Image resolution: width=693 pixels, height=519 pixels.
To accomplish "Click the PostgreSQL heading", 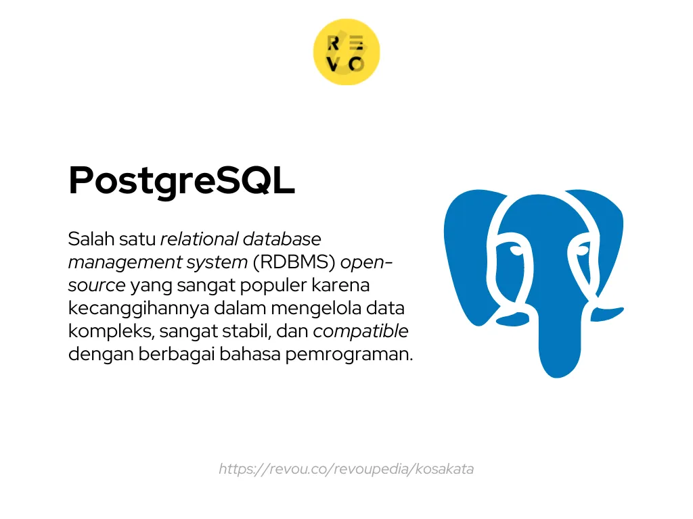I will pyautogui.click(x=181, y=181).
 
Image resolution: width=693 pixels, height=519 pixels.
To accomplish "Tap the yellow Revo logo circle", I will pyautogui.click(x=346, y=53).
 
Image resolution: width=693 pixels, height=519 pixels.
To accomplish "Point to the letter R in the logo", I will pyautogui.click(x=334, y=44).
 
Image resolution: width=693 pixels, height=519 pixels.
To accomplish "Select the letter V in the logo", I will pyautogui.click(x=334, y=64).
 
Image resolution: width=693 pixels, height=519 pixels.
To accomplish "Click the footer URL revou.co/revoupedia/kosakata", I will pyautogui.click(x=346, y=469).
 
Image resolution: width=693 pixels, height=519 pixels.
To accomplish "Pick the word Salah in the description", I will pyautogui.click(x=88, y=239).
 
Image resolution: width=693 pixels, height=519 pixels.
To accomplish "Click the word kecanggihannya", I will pyautogui.click(x=136, y=308).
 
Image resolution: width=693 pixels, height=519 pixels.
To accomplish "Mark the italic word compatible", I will pyautogui.click(x=361, y=332).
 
